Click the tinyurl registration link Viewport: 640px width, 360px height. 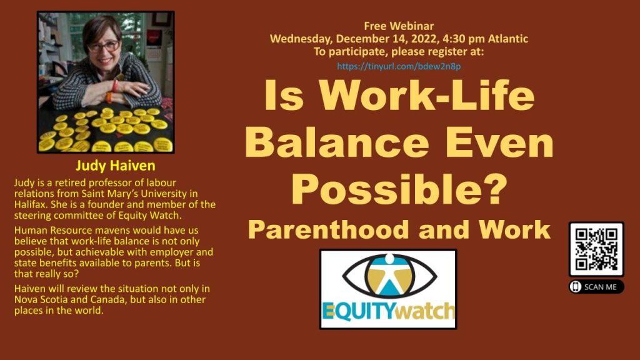coord(399,66)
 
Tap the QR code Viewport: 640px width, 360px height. coord(596,249)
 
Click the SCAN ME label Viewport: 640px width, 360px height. coord(600,287)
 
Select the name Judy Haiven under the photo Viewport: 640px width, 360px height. coord(116,166)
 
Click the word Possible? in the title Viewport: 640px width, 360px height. coord(399,189)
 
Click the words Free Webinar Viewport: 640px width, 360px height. coord(399,26)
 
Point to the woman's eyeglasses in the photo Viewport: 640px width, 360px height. coord(104,46)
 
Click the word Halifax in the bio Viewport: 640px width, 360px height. coord(29,204)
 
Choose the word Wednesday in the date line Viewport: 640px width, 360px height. coord(301,39)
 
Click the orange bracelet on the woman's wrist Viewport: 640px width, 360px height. coord(109,97)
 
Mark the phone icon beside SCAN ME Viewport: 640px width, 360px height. coord(576,287)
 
